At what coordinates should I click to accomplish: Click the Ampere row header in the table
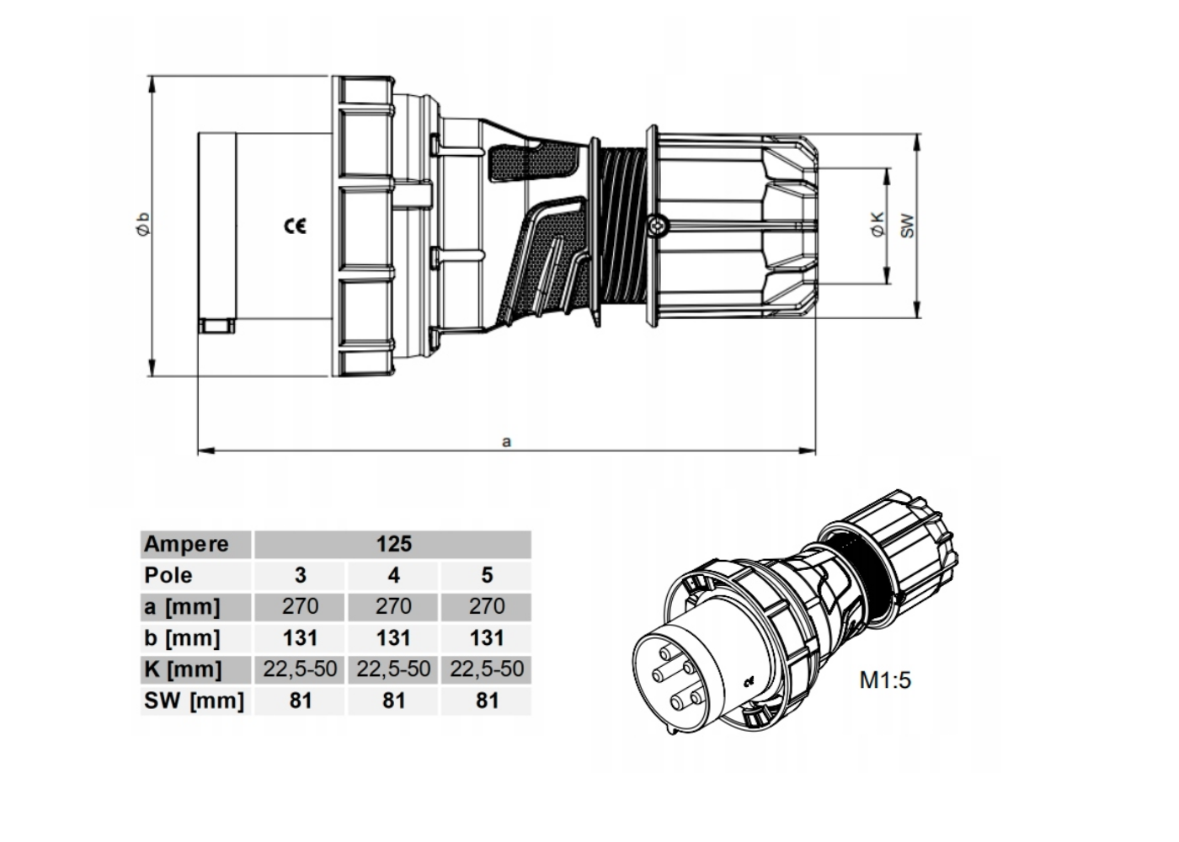(x=186, y=544)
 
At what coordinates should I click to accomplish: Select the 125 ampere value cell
(x=393, y=544)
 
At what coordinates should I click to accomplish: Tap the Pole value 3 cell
(x=300, y=575)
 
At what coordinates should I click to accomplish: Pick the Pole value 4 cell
(x=393, y=575)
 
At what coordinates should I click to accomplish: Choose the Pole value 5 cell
(x=487, y=575)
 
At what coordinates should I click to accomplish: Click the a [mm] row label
(x=182, y=606)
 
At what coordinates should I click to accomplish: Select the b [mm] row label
(x=182, y=637)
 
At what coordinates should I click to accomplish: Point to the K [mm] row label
(x=183, y=669)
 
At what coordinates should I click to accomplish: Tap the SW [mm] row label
(x=194, y=701)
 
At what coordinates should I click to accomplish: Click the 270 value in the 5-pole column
(x=487, y=606)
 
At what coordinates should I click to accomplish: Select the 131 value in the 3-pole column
(x=300, y=637)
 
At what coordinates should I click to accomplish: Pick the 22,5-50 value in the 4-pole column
(x=393, y=669)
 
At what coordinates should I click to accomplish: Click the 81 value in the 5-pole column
(x=487, y=701)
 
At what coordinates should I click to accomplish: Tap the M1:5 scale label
(x=885, y=679)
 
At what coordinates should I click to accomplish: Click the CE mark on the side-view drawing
(x=295, y=226)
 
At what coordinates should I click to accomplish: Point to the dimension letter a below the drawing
(x=506, y=440)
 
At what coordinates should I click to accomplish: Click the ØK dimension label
(x=878, y=224)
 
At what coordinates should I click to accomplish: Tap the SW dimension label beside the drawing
(x=907, y=225)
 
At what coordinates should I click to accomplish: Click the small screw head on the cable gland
(x=657, y=225)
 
